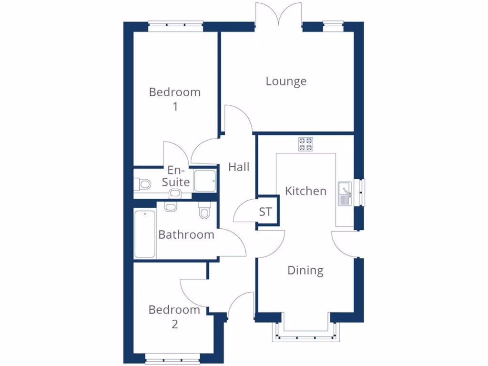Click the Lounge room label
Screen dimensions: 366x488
[286, 81]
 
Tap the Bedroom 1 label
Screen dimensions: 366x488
[175, 99]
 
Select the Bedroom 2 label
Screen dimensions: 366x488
[174, 317]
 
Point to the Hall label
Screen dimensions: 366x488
[239, 167]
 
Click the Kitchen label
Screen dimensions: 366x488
[305, 191]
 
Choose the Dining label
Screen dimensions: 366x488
[305, 271]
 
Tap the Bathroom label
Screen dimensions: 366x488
[186, 234]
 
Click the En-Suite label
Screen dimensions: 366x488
[176, 176]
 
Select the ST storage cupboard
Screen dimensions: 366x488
[266, 212]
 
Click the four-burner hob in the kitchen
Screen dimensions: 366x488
[306, 144]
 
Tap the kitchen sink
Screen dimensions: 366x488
[345, 193]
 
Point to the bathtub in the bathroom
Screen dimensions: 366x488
[145, 234]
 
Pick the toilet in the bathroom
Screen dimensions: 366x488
[204, 210]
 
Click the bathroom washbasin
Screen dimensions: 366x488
[171, 206]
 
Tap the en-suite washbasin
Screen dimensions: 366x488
[175, 193]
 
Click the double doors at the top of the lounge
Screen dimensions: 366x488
[279, 14]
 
